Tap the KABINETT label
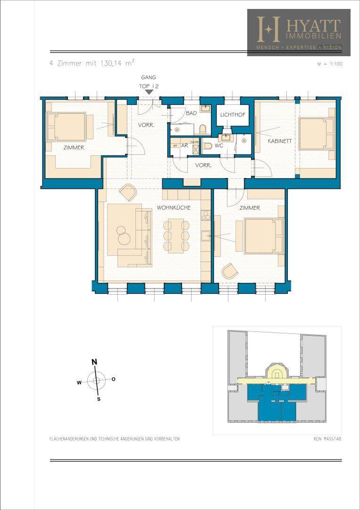point(280,141)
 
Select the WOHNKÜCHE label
point(173,208)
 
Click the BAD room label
point(191,114)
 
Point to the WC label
point(218,146)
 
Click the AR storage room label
point(184,146)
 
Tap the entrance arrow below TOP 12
point(149,93)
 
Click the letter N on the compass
point(94,362)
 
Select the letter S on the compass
point(99,399)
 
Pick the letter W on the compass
point(79,382)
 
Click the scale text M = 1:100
point(329,64)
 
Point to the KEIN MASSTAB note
point(327,439)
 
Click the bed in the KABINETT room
point(316,134)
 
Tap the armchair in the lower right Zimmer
point(230,271)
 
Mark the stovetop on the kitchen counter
point(205,216)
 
